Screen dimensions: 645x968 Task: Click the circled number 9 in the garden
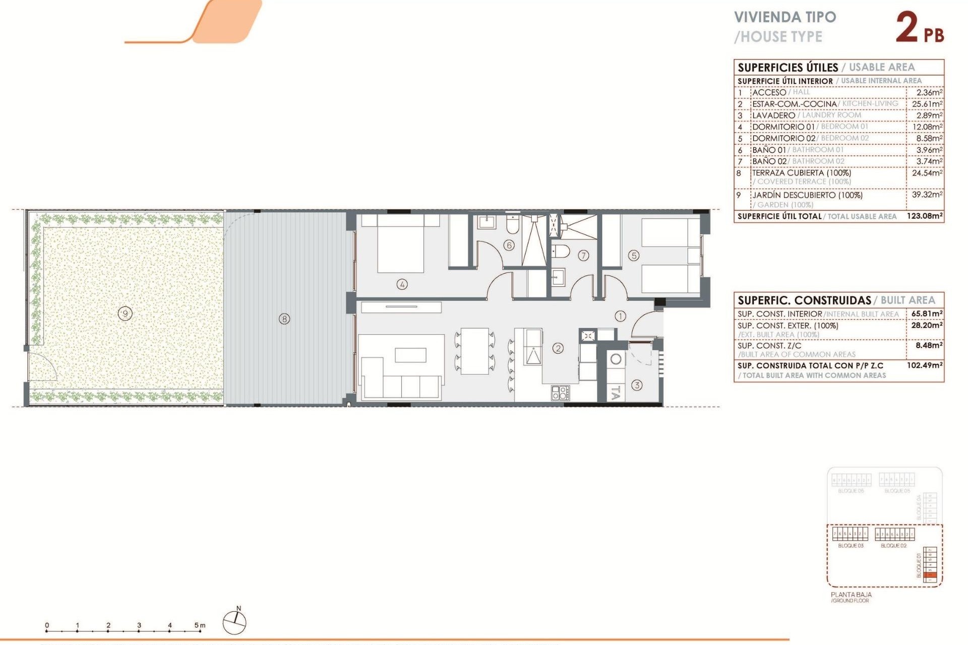pos(125,313)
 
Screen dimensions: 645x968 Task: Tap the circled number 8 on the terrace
pos(284,318)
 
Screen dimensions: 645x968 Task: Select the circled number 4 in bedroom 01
pos(402,284)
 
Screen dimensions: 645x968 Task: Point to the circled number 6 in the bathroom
pos(509,245)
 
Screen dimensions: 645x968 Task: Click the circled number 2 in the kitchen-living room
pos(558,348)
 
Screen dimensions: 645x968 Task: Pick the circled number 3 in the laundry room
pos(637,385)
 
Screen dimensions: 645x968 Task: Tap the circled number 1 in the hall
pos(620,316)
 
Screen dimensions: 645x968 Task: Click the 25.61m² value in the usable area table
pos(927,104)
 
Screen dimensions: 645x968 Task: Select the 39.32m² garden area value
pos(927,195)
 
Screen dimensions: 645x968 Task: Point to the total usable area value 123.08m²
pos(924,216)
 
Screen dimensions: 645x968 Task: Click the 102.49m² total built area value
pos(924,365)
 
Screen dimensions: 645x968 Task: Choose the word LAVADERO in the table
pos(773,115)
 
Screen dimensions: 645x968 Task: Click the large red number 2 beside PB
pos(907,28)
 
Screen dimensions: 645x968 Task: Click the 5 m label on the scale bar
pos(200,625)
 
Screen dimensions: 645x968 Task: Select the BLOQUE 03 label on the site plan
pos(851,546)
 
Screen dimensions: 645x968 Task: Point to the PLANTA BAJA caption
pos(851,595)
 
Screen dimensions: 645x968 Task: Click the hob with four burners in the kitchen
pos(560,393)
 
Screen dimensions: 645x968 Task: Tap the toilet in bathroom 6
pos(513,225)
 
